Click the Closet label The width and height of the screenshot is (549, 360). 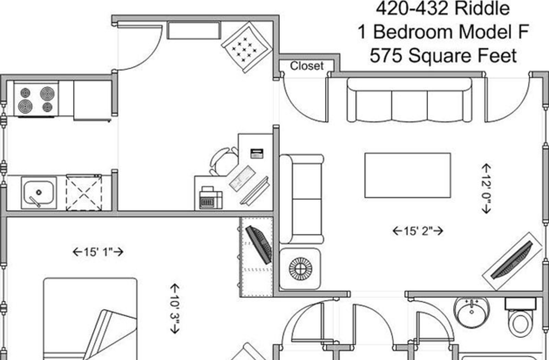(x=307, y=66)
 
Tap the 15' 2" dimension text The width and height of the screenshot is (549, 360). (x=418, y=231)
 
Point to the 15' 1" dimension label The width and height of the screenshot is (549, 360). (x=98, y=252)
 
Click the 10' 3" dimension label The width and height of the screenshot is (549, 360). (x=175, y=308)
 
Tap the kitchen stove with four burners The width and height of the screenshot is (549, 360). (x=36, y=99)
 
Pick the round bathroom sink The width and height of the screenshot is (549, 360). (x=472, y=312)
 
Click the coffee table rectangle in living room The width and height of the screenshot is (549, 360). (x=407, y=175)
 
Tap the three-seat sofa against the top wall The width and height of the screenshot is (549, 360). (x=409, y=100)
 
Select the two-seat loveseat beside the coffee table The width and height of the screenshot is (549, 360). (x=302, y=199)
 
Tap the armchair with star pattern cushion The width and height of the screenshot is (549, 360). (x=246, y=47)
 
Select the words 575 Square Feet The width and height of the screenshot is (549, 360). (x=443, y=56)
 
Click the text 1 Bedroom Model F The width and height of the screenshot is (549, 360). (x=443, y=32)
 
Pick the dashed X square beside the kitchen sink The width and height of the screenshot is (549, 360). (x=84, y=193)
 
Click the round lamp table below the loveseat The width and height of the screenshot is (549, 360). (x=300, y=269)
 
